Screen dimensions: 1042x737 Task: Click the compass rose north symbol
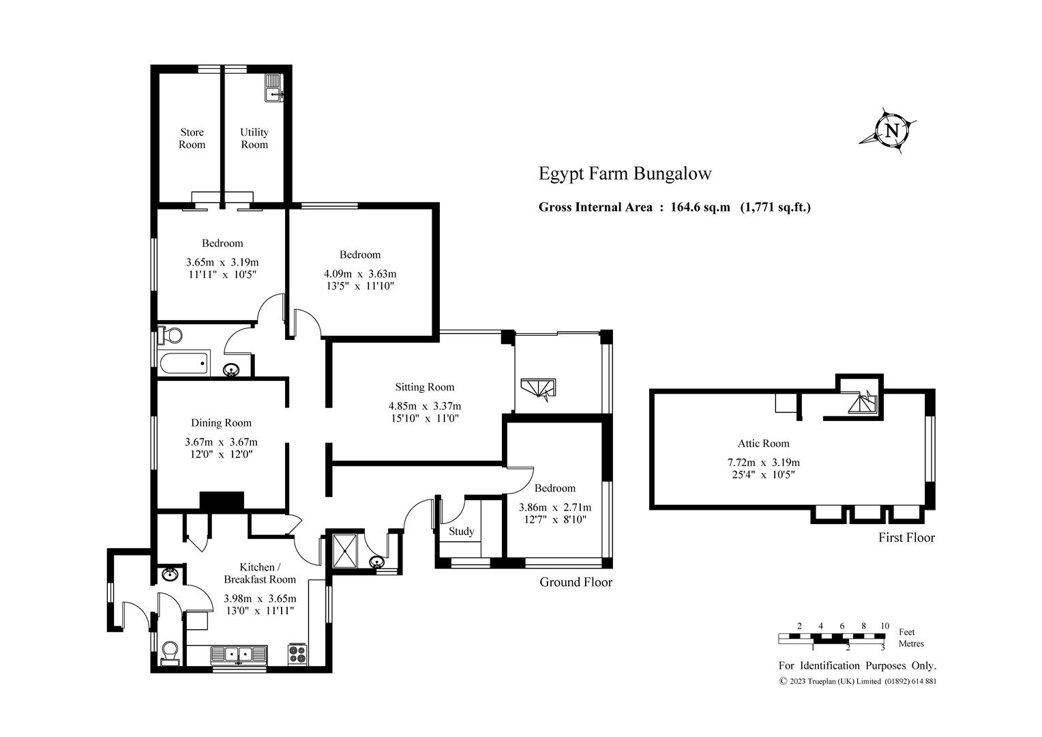(x=891, y=131)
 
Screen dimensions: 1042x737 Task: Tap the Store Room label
(x=192, y=139)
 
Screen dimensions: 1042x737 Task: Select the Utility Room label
(x=254, y=139)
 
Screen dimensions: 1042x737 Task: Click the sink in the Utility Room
(x=274, y=87)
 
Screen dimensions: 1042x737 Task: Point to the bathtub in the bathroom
(x=183, y=363)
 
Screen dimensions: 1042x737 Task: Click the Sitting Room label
(x=425, y=387)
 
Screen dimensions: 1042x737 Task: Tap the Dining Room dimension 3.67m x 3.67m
(x=221, y=442)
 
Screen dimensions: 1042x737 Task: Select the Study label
(x=462, y=531)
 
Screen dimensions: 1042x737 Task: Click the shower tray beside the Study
(x=344, y=551)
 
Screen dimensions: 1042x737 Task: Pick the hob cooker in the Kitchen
(x=298, y=654)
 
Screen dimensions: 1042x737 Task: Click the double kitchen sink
(x=239, y=654)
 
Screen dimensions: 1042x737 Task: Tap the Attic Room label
(x=763, y=444)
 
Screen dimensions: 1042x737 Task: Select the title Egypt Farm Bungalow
(x=625, y=173)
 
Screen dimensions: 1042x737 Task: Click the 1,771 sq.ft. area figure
(x=775, y=207)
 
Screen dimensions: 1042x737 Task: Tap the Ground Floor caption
(x=576, y=582)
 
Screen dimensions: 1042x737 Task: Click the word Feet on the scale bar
(x=906, y=632)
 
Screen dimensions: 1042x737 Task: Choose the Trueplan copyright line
(x=858, y=681)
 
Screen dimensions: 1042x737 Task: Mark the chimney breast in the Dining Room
(x=222, y=501)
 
